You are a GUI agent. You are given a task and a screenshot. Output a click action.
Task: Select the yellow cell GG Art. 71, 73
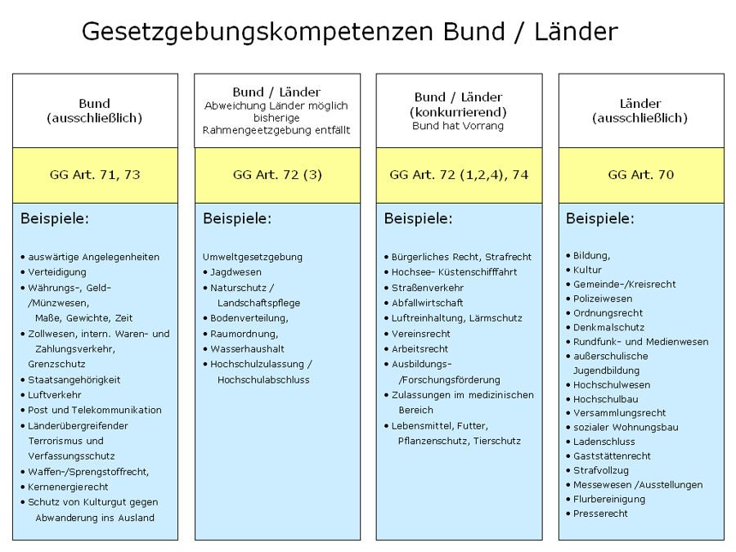coord(95,174)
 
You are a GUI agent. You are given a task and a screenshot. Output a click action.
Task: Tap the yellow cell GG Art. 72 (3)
coord(276,174)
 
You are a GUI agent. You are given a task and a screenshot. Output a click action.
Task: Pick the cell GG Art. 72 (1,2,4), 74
coord(459,174)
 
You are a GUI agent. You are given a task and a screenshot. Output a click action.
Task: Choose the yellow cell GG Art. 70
coord(641,174)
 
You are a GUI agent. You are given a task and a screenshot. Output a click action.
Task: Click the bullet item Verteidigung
coord(56,272)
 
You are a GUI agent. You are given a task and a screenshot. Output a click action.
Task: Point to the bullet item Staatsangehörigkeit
coord(74,379)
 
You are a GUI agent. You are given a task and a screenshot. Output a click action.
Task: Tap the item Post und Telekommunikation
coord(94,411)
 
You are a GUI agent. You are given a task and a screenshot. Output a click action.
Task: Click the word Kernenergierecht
coord(68,487)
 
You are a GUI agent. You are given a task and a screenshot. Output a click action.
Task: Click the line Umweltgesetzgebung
coord(253,257)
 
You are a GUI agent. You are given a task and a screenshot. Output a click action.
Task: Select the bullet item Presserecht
coord(600,514)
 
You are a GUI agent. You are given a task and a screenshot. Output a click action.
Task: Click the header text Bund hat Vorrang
coord(458,127)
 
